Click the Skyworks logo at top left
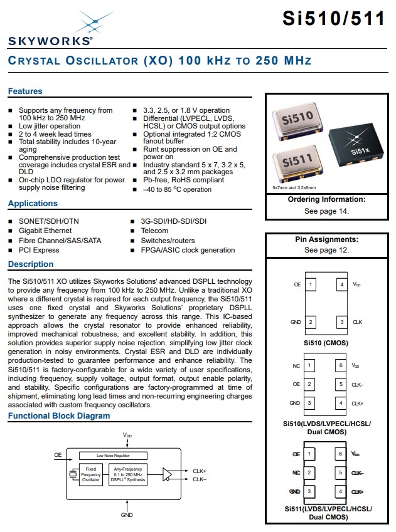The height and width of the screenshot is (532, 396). click(50, 30)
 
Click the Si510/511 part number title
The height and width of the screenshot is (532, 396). click(333, 19)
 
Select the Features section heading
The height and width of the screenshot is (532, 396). click(25, 91)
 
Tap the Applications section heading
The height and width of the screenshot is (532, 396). click(33, 204)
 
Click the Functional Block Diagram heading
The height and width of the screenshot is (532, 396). click(59, 416)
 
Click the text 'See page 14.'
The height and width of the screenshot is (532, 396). click(326, 211)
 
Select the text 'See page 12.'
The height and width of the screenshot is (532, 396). click(326, 250)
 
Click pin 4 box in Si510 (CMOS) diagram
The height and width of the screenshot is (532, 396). click(341, 284)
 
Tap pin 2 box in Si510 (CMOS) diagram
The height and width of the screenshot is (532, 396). click(311, 322)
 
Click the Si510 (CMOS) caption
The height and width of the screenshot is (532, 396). click(326, 343)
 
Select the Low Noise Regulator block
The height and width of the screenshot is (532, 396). click(113, 456)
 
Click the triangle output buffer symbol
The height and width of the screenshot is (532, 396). click(168, 474)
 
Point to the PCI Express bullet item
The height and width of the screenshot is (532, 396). click(39, 250)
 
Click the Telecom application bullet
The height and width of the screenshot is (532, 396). click(154, 231)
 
